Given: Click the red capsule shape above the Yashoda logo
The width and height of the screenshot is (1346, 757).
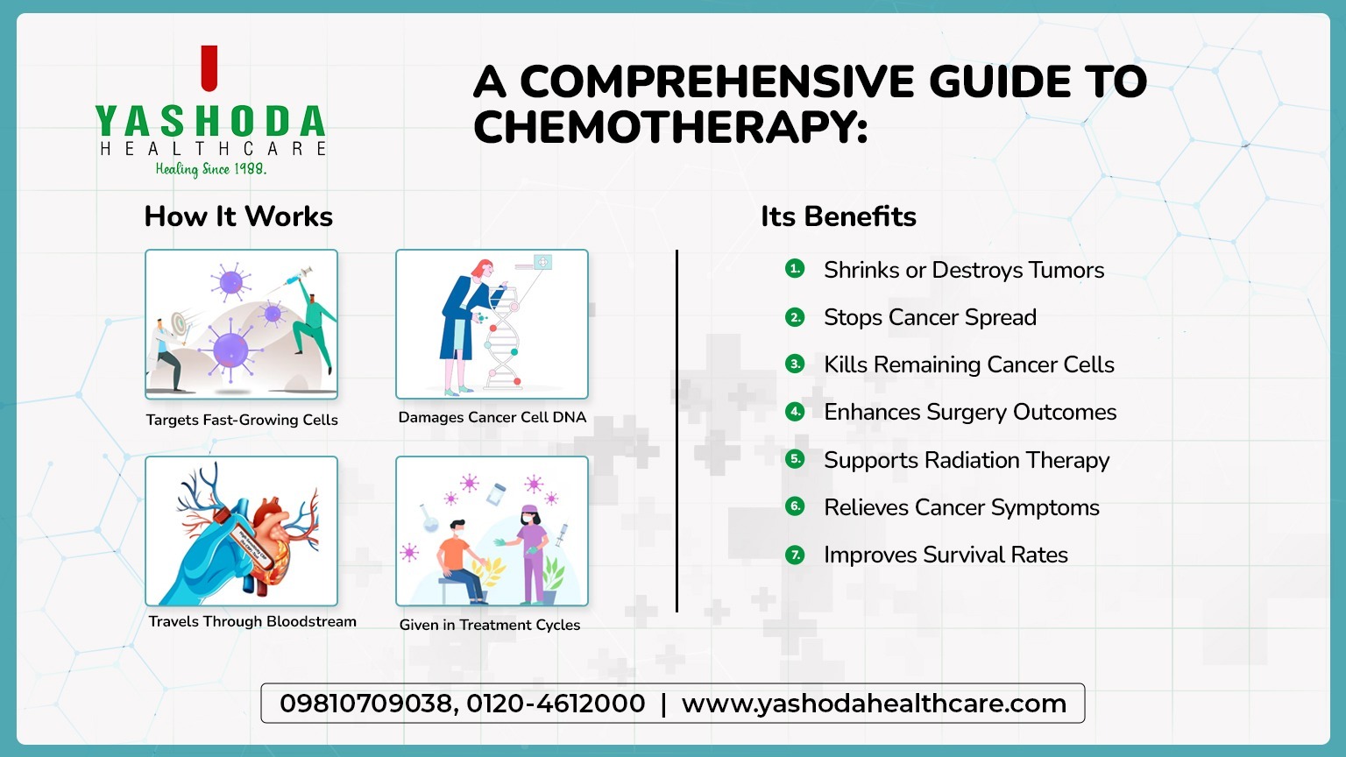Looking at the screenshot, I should tap(209, 69).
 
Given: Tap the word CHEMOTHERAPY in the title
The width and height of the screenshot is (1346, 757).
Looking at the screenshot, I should tap(670, 128).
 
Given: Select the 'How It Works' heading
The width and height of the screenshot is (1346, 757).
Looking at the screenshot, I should tap(238, 216).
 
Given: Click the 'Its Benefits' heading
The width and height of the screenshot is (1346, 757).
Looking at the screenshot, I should tap(838, 216).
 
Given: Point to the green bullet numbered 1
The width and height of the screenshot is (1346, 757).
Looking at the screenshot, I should tap(795, 269).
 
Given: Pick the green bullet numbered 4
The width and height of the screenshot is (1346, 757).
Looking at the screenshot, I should tap(795, 412).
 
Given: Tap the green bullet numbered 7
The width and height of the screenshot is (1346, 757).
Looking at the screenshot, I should tap(795, 555).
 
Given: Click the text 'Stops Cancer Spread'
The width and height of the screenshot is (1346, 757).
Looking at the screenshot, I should tap(930, 317).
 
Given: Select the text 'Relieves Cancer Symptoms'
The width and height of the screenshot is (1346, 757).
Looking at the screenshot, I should tap(961, 507).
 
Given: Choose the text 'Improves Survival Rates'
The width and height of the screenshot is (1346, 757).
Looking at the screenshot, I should tap(946, 555).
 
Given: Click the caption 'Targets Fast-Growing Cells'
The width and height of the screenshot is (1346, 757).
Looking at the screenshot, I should tap(242, 420).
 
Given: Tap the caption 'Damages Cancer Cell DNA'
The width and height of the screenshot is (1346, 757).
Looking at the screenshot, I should tap(492, 417).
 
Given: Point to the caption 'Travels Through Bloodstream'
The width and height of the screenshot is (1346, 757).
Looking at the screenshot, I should tap(252, 621).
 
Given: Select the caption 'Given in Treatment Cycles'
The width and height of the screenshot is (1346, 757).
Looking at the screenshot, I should tap(490, 625).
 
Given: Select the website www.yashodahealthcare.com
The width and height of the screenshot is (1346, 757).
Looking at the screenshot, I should tap(874, 704).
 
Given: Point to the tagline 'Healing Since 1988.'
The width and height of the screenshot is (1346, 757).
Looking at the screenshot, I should tap(211, 169).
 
